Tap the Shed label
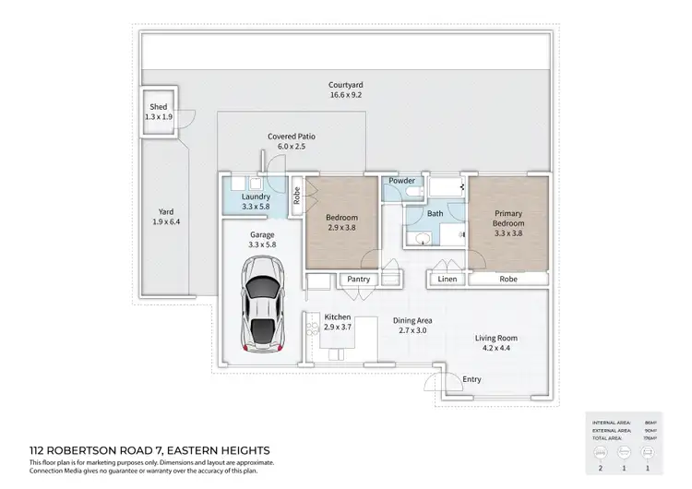[158, 107]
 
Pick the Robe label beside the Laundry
[297, 196]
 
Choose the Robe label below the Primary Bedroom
[507, 279]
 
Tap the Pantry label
[360, 279]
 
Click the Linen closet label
[447, 279]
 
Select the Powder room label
[401, 181]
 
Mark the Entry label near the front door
[471, 379]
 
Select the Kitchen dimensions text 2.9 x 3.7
[338, 328]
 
